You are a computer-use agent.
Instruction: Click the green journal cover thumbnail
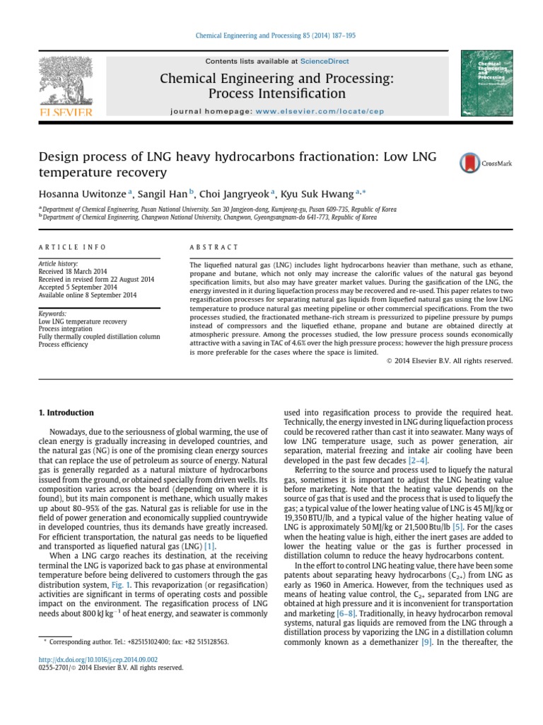[x=486, y=84]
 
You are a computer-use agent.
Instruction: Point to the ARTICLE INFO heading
[x=71, y=247]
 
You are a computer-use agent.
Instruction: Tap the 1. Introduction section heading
[x=66, y=413]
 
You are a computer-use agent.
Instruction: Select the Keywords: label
[x=53, y=313]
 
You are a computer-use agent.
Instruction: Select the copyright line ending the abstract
[x=450, y=360]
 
